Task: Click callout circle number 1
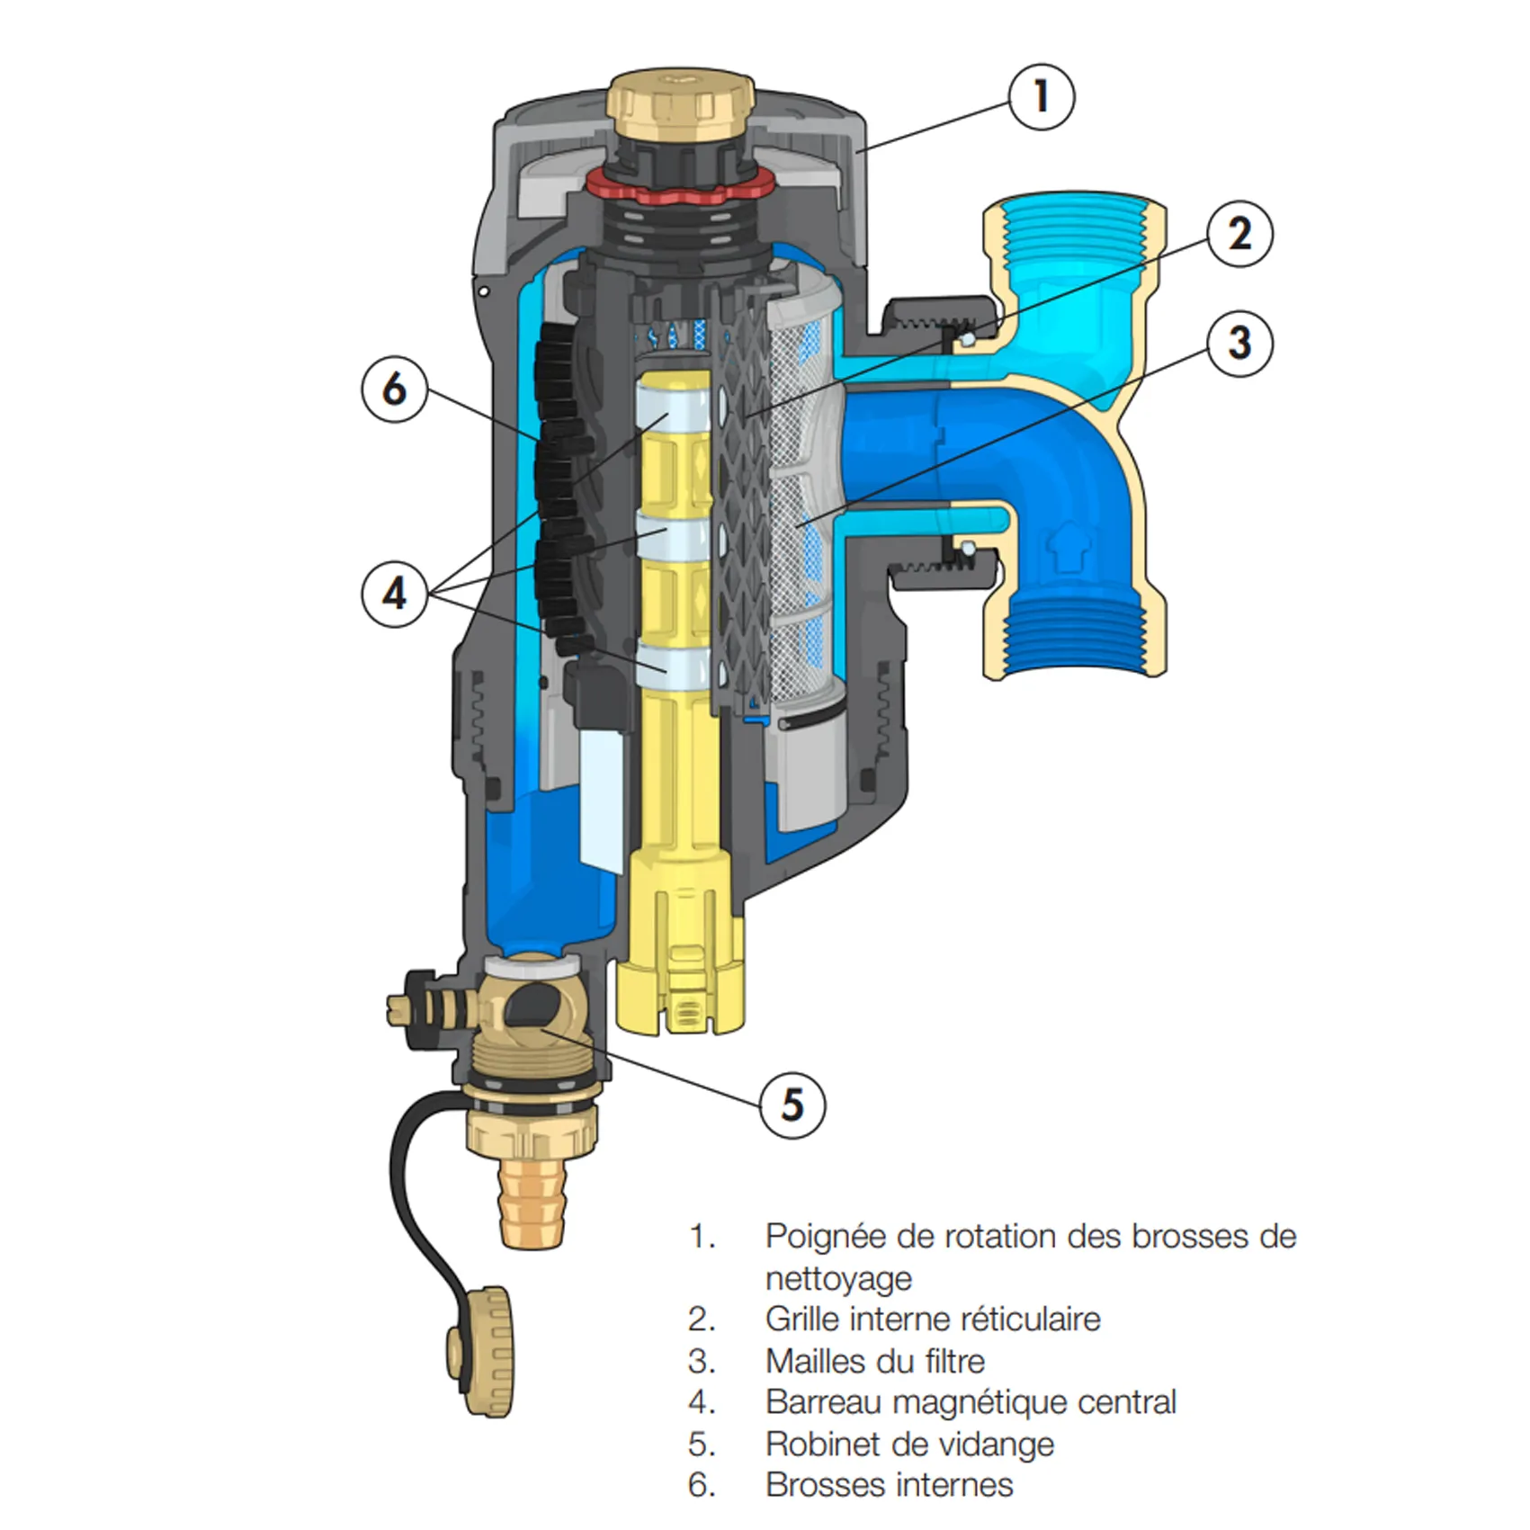1041,95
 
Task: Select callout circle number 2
1240,234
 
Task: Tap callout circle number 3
1239,343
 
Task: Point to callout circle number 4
395,594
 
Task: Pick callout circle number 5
792,1104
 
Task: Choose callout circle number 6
395,389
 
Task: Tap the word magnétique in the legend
975,1402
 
